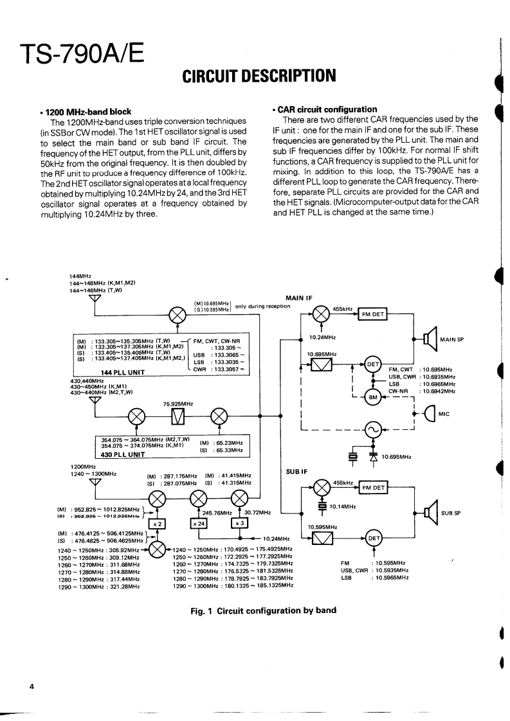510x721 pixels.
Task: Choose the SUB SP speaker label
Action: (x=451, y=513)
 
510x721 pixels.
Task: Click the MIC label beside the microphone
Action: (x=443, y=414)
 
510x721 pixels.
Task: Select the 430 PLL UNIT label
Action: (x=122, y=454)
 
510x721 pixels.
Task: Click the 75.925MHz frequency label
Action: (x=178, y=404)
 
